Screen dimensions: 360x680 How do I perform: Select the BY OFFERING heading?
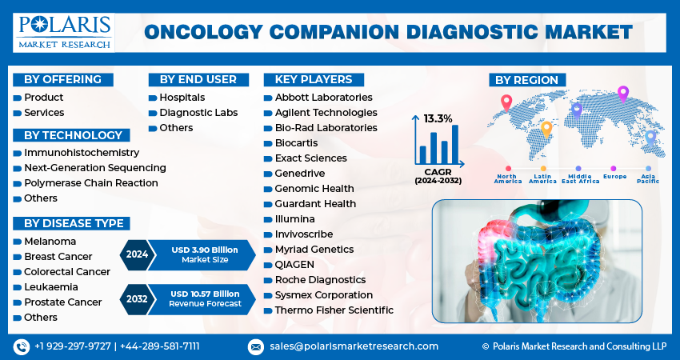coord(63,79)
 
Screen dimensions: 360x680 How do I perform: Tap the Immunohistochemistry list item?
coord(82,152)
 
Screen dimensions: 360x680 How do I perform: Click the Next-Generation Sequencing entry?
coord(95,167)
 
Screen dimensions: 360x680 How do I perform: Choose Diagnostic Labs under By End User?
coord(198,113)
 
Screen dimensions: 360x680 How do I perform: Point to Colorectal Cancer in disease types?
coord(67,271)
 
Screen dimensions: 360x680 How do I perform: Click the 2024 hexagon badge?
coord(136,254)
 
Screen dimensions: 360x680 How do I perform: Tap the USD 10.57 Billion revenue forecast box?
coord(206,299)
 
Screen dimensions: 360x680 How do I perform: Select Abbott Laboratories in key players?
coord(323,98)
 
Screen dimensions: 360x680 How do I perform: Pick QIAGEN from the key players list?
coord(296,265)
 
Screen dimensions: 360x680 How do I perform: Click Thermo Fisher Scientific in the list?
coord(334,310)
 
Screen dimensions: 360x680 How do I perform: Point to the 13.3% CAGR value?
coord(438,118)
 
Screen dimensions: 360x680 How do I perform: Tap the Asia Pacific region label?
coord(648,178)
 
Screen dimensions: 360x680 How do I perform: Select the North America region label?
coord(508,178)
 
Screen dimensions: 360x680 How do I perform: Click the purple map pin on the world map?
coord(623,94)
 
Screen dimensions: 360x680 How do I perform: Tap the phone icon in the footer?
coord(21,346)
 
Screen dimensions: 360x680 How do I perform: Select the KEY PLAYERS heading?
coord(313,79)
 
